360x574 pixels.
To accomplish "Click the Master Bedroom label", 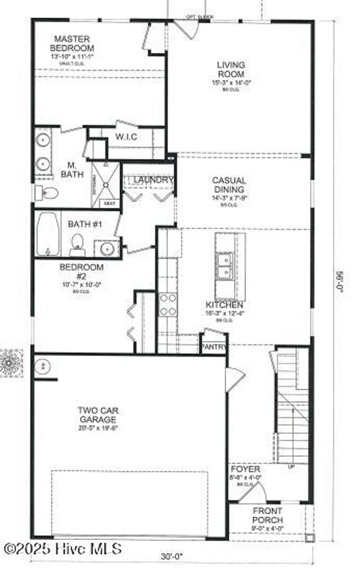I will pyautogui.click(x=72, y=44).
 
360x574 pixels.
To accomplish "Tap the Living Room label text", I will pyautogui.click(x=231, y=70).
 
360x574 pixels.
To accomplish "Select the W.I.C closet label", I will pyautogui.click(x=126, y=137).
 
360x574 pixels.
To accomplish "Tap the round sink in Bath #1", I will pyautogui.click(x=107, y=249).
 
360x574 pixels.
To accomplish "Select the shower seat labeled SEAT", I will pyautogui.click(x=107, y=203).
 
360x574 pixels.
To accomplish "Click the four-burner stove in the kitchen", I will pyautogui.click(x=168, y=305).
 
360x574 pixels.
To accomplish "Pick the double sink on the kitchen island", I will pyautogui.click(x=224, y=266).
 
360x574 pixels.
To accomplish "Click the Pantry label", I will pyautogui.click(x=213, y=347).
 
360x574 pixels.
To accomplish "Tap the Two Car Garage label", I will pyautogui.click(x=98, y=415).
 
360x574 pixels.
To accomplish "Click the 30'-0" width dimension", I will pyautogui.click(x=172, y=556).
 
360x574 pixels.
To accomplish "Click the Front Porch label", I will pyautogui.click(x=267, y=515).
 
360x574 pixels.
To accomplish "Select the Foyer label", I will pyautogui.click(x=245, y=469).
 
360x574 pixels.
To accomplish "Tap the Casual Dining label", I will pyautogui.click(x=229, y=185).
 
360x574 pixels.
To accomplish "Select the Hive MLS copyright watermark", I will pyautogui.click(x=63, y=549).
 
